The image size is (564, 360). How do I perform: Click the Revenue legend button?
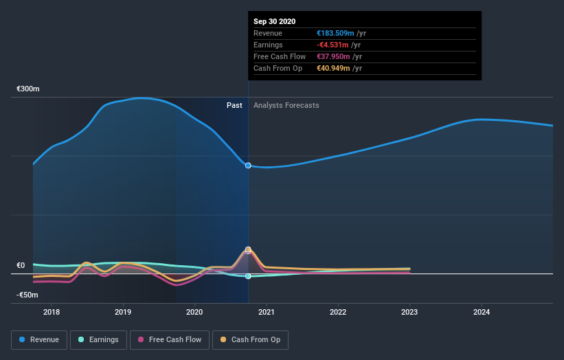pyautogui.click(x=40, y=339)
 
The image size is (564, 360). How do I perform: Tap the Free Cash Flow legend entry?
pyautogui.click(x=170, y=339)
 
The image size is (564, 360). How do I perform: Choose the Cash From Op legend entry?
pyautogui.click(x=250, y=339)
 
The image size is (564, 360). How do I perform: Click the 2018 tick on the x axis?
pyautogui.click(x=52, y=312)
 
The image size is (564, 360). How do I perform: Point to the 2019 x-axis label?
pyautogui.click(x=123, y=312)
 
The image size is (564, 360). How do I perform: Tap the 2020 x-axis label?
pyautogui.click(x=195, y=312)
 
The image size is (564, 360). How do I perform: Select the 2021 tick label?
pyautogui.click(x=267, y=312)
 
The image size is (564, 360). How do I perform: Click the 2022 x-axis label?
pyautogui.click(x=338, y=312)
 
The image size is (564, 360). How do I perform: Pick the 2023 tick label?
pyautogui.click(x=409, y=312)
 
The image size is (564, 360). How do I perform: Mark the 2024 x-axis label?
pyautogui.click(x=482, y=312)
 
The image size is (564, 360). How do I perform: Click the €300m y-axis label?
pyautogui.click(x=28, y=89)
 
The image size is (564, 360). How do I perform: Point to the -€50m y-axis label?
pyautogui.click(x=28, y=295)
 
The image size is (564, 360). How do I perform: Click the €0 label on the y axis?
pyautogui.click(x=21, y=266)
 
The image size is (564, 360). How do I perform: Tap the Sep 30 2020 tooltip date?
pyautogui.click(x=274, y=21)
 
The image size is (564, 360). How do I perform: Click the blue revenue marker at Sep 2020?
pyautogui.click(x=248, y=166)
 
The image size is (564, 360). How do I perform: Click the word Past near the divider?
pyautogui.click(x=234, y=105)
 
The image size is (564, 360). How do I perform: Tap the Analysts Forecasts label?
pyautogui.click(x=286, y=105)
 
